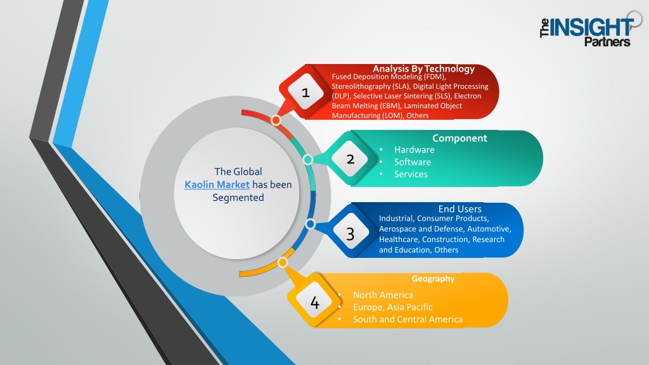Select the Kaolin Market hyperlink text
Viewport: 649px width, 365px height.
click(217, 184)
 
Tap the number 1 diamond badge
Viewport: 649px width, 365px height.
click(306, 92)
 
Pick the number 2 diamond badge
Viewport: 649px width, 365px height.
click(350, 159)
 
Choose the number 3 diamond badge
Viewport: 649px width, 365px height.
click(350, 234)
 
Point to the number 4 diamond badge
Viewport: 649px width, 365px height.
click(314, 302)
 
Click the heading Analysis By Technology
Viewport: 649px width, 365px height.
click(423, 68)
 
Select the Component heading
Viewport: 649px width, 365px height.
click(459, 138)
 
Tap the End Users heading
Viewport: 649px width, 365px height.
click(460, 209)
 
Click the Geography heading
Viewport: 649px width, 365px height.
click(433, 279)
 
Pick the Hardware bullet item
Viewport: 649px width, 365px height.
click(414, 150)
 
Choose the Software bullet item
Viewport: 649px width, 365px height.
click(412, 162)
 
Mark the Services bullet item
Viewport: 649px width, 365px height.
click(411, 174)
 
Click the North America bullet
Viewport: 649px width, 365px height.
click(383, 295)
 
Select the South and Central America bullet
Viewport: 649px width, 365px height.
click(408, 319)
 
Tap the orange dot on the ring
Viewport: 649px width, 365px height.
click(276, 120)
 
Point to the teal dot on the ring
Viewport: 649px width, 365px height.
click(308, 159)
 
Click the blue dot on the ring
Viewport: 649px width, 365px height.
click(310, 224)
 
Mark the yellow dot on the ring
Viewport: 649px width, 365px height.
click(283, 262)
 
